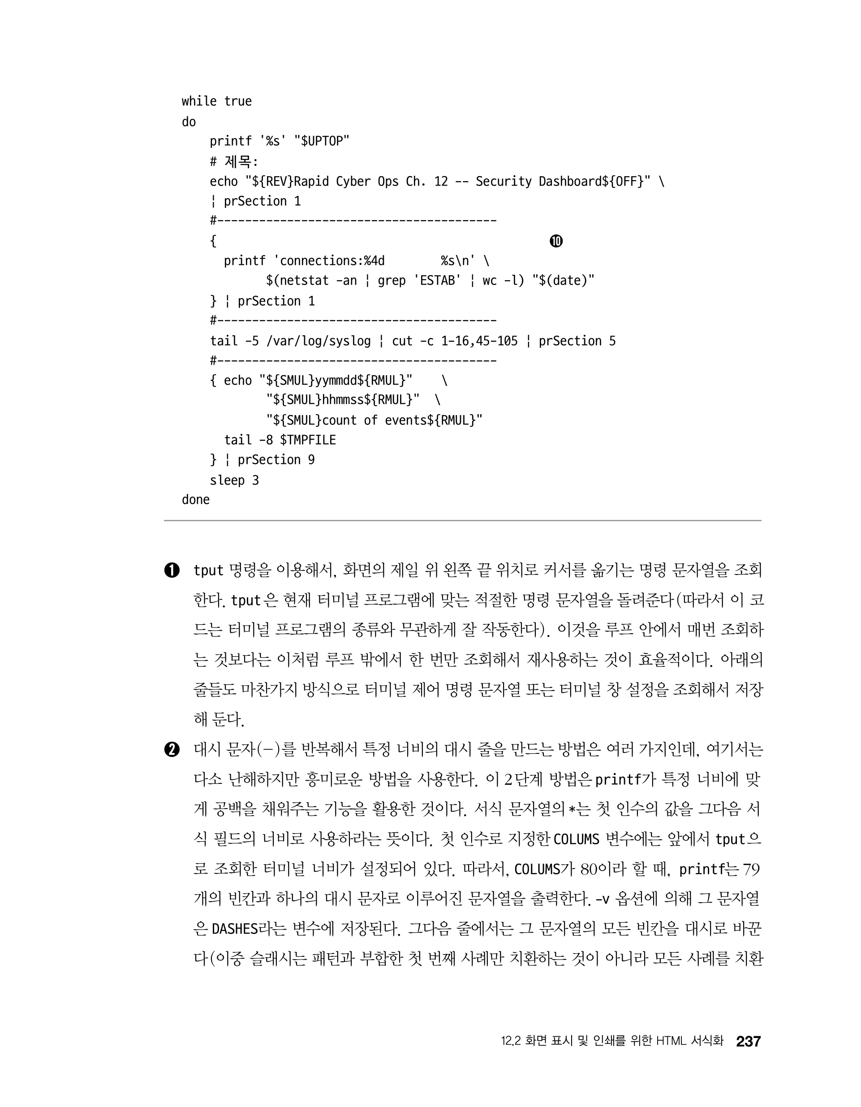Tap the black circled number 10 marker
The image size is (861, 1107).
(x=556, y=241)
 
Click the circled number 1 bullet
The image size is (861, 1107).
(x=172, y=570)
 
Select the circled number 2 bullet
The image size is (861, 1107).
(x=172, y=750)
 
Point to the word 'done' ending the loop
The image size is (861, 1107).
(x=196, y=500)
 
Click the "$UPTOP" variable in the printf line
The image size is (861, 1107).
(x=322, y=141)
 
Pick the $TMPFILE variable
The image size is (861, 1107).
(x=308, y=440)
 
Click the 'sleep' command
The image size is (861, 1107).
(x=227, y=480)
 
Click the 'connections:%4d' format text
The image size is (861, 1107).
(x=332, y=260)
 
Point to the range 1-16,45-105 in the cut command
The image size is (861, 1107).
(x=479, y=341)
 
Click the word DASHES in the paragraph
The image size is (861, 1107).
(x=235, y=929)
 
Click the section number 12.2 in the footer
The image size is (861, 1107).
(x=511, y=1041)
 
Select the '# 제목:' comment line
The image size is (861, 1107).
(x=234, y=162)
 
